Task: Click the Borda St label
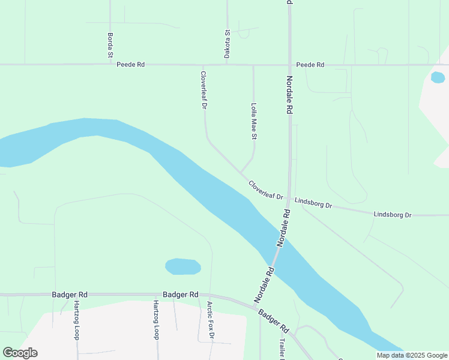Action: point(110,46)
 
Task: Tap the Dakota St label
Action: point(228,44)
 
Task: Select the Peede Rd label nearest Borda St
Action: point(131,64)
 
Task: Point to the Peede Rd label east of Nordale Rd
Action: point(310,64)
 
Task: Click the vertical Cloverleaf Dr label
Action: point(203,91)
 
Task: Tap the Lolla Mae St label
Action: point(254,121)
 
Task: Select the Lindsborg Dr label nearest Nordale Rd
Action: point(314,202)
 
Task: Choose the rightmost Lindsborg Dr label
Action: point(392,214)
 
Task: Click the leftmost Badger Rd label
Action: point(70,295)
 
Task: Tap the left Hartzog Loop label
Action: point(76,320)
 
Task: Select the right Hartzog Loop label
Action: point(155,320)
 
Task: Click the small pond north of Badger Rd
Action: point(182,266)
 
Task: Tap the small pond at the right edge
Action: point(438,77)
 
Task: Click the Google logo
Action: point(20,353)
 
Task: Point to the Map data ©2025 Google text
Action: point(411,355)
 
